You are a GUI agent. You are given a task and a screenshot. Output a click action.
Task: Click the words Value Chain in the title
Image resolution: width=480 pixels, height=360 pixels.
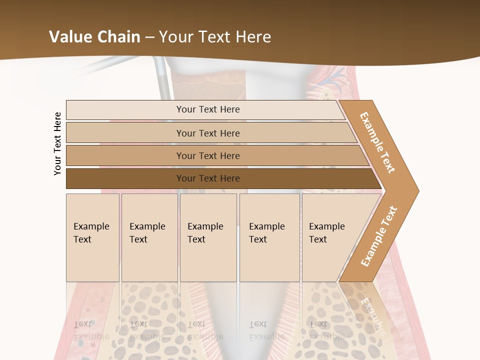[x=94, y=37]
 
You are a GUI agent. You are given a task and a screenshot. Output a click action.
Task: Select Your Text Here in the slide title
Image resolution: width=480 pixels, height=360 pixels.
[x=215, y=37]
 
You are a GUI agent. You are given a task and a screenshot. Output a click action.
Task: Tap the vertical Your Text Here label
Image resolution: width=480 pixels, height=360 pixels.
[x=57, y=143]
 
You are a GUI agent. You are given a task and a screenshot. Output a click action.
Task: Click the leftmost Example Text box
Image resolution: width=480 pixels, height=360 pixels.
[x=92, y=237]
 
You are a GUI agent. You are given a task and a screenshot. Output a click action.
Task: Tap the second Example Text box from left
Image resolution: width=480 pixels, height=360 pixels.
[x=149, y=237]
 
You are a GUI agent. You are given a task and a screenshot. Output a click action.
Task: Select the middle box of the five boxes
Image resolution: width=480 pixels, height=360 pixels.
[x=208, y=237]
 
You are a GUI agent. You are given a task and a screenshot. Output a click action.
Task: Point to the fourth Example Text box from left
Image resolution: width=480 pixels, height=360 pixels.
[x=269, y=237]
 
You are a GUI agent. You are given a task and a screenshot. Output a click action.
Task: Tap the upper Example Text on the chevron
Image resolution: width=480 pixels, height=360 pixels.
[x=377, y=142]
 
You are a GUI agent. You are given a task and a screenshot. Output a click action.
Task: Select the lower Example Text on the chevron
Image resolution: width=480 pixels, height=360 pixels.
[x=379, y=236]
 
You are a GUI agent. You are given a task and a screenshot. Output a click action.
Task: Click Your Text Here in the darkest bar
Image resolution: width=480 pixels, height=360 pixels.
[x=208, y=178]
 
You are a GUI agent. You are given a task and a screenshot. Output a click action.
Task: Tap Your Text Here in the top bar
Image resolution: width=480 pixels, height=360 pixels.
[x=208, y=109]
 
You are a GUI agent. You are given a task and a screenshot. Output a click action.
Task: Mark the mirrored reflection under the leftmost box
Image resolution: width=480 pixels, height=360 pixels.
[x=92, y=315]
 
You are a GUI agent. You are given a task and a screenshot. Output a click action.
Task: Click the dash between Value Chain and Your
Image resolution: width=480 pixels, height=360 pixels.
[x=149, y=37]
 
